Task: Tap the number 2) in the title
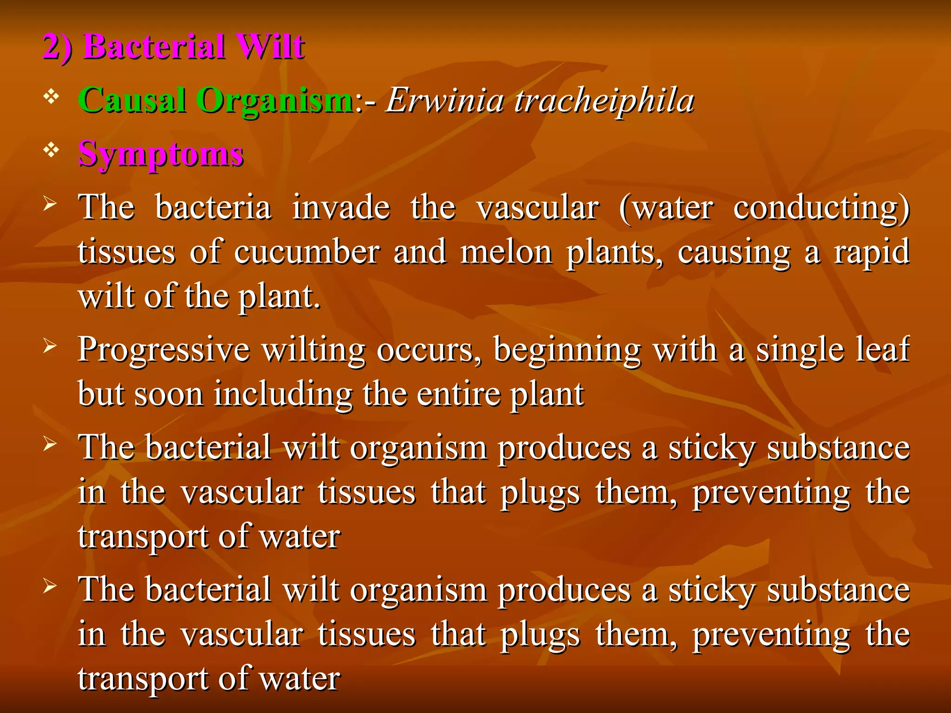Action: click(58, 47)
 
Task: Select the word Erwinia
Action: click(445, 100)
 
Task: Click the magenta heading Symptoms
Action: click(161, 154)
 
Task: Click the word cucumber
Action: click(307, 253)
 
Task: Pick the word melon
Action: click(506, 253)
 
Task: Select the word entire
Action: click(458, 395)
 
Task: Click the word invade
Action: click(341, 208)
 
